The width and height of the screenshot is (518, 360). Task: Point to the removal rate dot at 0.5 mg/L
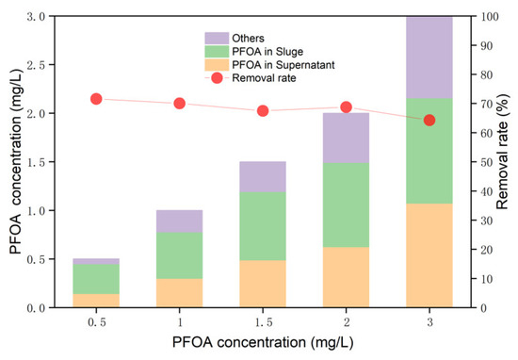pos(96,99)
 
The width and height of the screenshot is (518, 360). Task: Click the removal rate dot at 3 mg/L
pos(429,120)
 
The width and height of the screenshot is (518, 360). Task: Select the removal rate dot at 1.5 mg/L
pos(263,110)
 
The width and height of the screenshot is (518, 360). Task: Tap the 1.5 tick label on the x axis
pos(263,322)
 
